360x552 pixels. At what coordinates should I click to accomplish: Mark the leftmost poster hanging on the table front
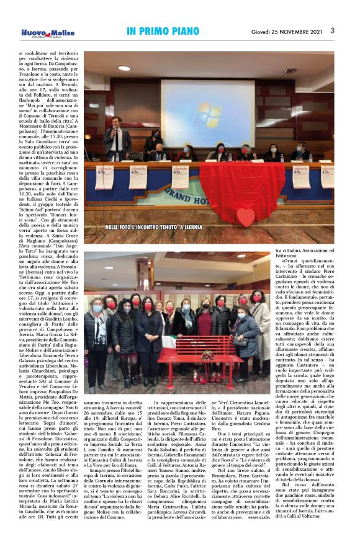[x=103, y=176]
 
